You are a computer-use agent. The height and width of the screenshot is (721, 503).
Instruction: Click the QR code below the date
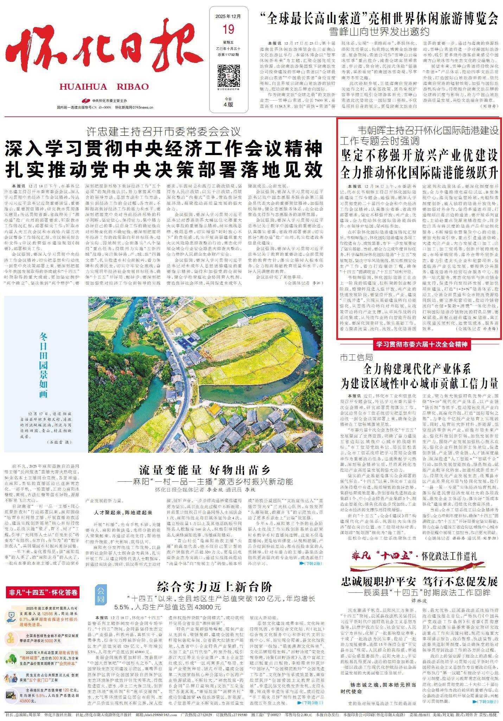tap(228, 73)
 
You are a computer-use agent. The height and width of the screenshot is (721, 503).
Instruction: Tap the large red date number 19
tap(228, 29)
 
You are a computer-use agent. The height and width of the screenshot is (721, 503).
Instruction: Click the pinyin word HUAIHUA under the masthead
tap(83, 87)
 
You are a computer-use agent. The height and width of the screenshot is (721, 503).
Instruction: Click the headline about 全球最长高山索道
tap(379, 18)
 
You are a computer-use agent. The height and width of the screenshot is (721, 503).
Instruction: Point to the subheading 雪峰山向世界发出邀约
tap(379, 32)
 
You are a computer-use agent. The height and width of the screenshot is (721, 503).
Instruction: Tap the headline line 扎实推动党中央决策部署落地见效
tap(164, 169)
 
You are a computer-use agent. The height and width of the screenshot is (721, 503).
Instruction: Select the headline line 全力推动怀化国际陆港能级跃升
tap(419, 172)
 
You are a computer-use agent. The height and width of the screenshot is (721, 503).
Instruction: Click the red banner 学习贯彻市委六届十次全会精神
tap(421, 344)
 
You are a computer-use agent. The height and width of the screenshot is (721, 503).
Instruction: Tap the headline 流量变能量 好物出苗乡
tap(205, 470)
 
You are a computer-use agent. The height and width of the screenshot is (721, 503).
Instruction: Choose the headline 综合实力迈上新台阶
tap(215, 587)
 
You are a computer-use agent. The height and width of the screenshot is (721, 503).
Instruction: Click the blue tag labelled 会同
tap(101, 594)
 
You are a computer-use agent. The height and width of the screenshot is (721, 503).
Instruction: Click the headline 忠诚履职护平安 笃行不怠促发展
tap(419, 581)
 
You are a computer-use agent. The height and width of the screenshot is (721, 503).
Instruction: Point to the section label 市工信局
tap(356, 358)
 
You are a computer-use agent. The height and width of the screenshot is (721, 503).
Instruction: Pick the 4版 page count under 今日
tap(228, 104)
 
